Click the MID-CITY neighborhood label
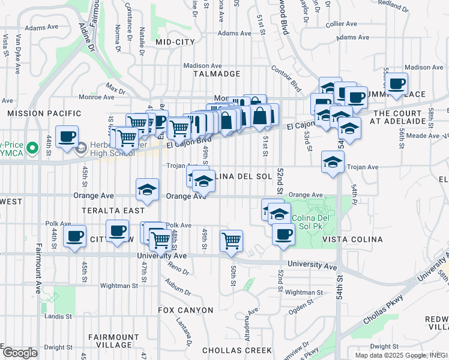pyautogui.click(x=175, y=42)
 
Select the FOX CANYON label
pyautogui.click(x=185, y=310)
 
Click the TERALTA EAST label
pyautogui.click(x=117, y=211)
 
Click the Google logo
pyautogui.click(x=20, y=353)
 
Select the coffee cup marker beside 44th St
pyautogui.click(x=67, y=136)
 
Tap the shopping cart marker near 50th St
pyautogui.click(x=231, y=241)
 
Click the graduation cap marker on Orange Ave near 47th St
pyautogui.click(x=147, y=190)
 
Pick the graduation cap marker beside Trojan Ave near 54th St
pyautogui.click(x=333, y=161)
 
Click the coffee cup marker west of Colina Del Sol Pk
pyautogui.click(x=283, y=234)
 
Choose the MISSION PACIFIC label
pyautogui.click(x=44, y=113)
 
